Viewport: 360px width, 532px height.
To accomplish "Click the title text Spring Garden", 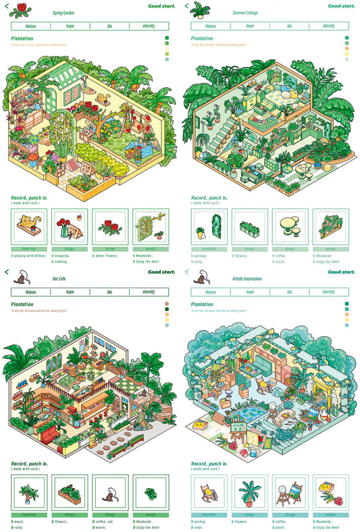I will [62, 13].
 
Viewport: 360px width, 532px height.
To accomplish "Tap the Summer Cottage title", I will [245, 13].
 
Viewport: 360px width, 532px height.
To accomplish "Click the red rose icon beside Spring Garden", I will [23, 9].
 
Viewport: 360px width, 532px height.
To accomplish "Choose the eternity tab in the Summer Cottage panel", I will [328, 26].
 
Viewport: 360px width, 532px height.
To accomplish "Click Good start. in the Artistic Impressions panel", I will [341, 272].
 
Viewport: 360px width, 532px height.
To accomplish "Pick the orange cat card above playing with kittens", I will [28, 225].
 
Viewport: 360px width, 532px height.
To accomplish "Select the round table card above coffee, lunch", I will [290, 225].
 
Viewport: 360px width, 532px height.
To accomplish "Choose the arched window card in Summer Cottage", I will [209, 226].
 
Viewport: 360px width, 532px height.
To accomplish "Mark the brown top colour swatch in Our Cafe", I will [166, 304].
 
